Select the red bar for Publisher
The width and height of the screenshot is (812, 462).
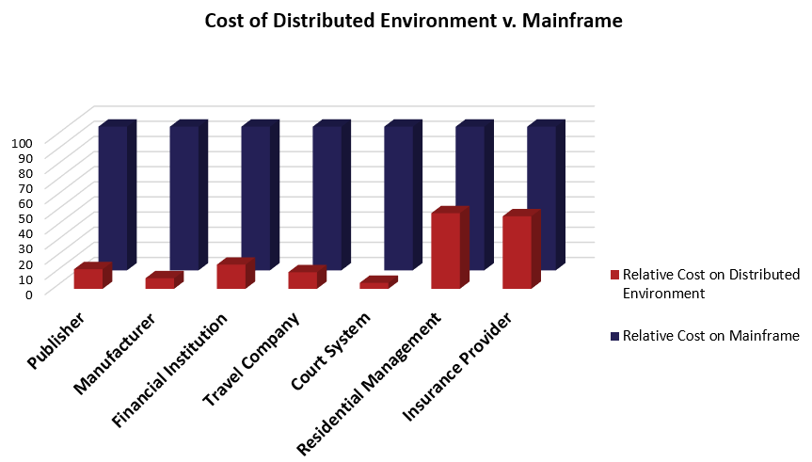[x=88, y=279]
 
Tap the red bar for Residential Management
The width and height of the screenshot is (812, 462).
[x=445, y=250]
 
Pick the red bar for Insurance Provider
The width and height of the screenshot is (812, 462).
[x=517, y=252]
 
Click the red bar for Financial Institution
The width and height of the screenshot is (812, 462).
[x=231, y=276]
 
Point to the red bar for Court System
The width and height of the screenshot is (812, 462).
[x=373, y=285]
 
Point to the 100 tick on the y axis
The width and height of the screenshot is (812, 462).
[x=23, y=142]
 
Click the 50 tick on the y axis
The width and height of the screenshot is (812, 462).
[x=26, y=217]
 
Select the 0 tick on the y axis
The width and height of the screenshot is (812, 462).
[x=29, y=294]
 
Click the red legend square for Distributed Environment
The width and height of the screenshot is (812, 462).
[x=614, y=275]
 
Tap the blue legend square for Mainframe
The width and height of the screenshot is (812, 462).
[x=614, y=336]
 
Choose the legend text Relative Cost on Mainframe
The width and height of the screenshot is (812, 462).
[x=710, y=336]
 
